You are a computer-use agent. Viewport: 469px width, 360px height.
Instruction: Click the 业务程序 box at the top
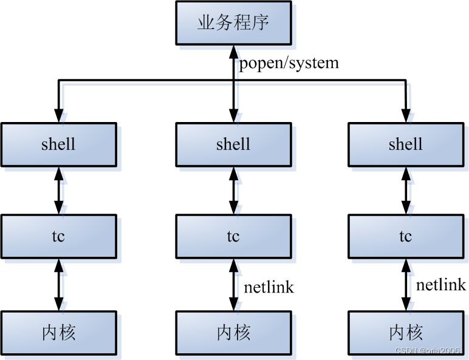point(233,22)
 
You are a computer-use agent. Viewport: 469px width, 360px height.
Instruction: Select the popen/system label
point(289,63)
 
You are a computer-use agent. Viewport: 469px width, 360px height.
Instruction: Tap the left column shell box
point(58,144)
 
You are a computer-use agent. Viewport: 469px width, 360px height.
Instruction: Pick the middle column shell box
point(233,144)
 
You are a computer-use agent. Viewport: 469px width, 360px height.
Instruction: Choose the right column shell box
point(405,144)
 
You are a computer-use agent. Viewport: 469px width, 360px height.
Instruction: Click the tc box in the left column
point(58,236)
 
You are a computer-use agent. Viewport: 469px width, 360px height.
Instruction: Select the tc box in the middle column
point(233,236)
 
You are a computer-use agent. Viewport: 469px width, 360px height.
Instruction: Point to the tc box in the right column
point(405,236)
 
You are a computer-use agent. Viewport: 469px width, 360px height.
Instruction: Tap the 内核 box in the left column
point(58,332)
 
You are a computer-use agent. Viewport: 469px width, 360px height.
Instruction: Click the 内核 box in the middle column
point(233,332)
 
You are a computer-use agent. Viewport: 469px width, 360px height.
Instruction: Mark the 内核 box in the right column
point(405,332)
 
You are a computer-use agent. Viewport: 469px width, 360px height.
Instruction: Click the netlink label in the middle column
point(269,287)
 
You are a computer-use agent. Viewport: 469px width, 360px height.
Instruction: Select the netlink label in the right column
point(440,284)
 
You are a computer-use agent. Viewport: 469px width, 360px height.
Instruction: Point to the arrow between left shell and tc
point(58,190)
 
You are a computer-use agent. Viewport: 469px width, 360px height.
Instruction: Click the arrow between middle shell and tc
point(233,190)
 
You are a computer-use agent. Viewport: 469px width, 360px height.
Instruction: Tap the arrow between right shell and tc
point(405,190)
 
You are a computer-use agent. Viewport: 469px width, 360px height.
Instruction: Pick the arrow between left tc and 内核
point(58,284)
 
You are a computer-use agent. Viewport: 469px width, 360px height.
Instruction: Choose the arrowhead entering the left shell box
point(58,115)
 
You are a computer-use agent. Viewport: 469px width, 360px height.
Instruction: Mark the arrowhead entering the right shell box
point(405,115)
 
